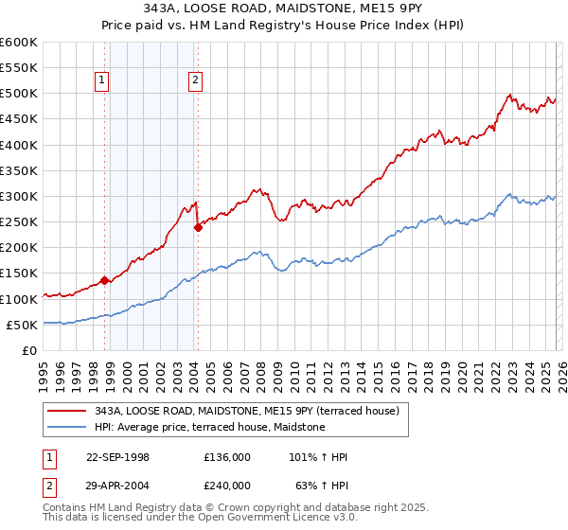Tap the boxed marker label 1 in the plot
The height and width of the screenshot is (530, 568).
[101, 81]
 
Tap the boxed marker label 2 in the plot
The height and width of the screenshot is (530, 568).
[195, 81]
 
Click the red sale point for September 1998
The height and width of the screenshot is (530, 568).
[104, 280]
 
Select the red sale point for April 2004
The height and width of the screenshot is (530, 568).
[198, 227]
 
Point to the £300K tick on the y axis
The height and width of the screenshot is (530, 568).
[19, 196]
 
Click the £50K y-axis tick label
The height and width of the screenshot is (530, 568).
[22, 325]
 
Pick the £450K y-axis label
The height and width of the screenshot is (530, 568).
[19, 119]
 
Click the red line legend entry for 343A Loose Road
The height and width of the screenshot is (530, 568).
[247, 411]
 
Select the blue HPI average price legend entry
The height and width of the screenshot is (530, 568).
[209, 428]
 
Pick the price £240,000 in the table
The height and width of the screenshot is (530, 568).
[226, 486]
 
